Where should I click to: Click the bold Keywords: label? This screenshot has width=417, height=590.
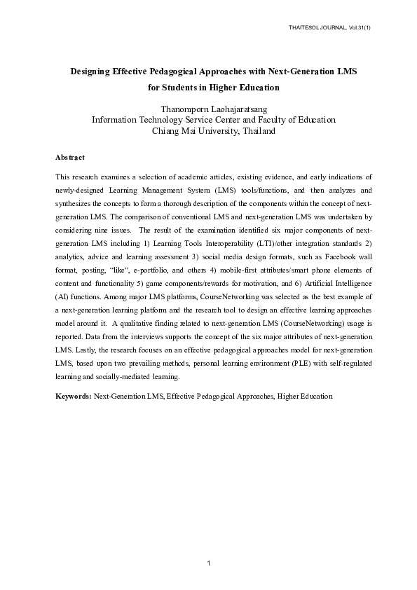73,397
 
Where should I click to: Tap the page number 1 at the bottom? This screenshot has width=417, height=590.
208,563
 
